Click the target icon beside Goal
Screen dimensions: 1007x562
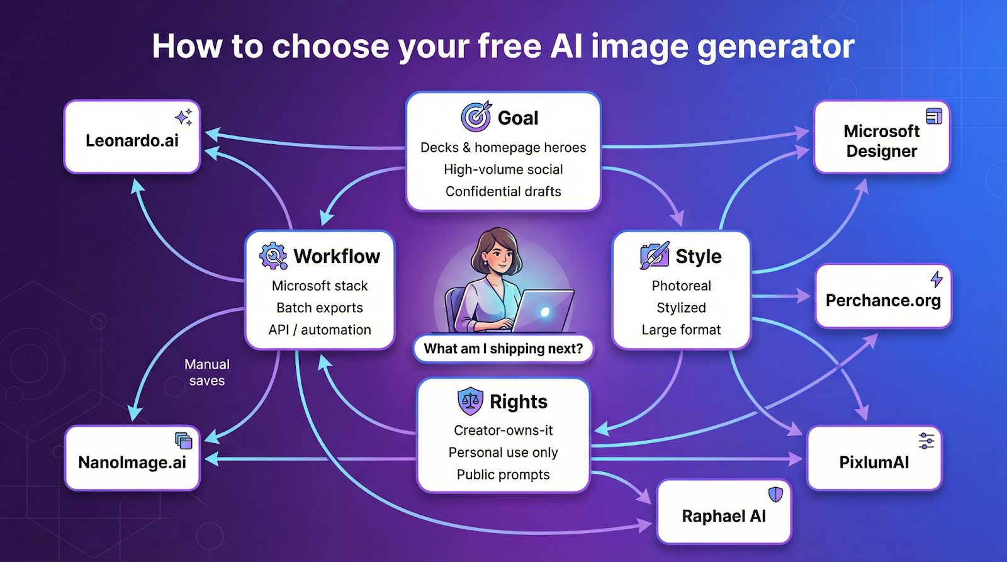(476, 116)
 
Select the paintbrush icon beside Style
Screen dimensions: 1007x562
(654, 256)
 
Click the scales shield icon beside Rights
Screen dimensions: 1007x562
(470, 401)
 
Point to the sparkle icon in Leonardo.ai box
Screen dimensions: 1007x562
(183, 117)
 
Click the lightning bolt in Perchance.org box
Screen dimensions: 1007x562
(937, 279)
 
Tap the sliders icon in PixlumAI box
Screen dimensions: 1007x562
(926, 441)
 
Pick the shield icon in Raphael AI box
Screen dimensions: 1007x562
(775, 495)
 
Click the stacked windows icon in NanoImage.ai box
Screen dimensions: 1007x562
(183, 441)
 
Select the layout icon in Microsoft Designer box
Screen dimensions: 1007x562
(934, 116)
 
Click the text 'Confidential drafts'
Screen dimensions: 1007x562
(503, 191)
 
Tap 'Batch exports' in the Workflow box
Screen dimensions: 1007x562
(320, 308)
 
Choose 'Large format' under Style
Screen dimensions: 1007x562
(681, 330)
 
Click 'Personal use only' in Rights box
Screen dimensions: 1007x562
(503, 452)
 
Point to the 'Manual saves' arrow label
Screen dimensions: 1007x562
(207, 373)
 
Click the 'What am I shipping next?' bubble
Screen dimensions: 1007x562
(503, 349)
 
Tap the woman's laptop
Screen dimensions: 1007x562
(542, 310)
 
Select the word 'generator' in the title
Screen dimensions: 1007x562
(776, 47)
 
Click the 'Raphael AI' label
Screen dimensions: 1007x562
(724, 516)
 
